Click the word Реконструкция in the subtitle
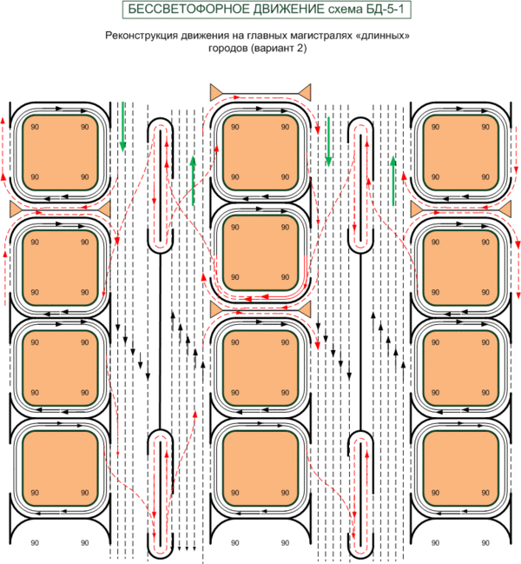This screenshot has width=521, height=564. point(140,36)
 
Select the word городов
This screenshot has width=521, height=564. point(228,49)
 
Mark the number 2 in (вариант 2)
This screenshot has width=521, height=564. point(300,49)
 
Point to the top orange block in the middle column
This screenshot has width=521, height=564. point(256,151)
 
